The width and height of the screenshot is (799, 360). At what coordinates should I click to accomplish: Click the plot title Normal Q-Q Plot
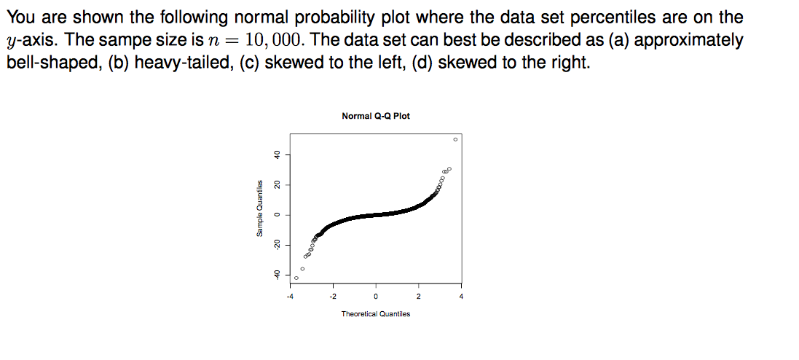coord(375,116)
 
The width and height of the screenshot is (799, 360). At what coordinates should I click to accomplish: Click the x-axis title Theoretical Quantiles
coord(375,314)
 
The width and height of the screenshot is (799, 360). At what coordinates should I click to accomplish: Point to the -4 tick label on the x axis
coord(289,297)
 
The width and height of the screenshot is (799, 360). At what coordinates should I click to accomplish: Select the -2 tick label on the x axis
coord(333,297)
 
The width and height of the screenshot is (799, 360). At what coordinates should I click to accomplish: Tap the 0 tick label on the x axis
coord(375,297)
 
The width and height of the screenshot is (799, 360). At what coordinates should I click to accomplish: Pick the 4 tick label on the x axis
coord(461,297)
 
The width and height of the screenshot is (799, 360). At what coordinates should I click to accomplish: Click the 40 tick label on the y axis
coord(276,154)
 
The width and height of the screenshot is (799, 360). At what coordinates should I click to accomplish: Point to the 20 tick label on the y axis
coord(276,184)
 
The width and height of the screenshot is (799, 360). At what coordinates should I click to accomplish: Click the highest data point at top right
coord(455,138)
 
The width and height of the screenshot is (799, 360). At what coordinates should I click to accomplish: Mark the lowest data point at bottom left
coord(296,278)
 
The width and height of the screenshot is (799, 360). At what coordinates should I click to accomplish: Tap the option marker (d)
coord(423,62)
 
